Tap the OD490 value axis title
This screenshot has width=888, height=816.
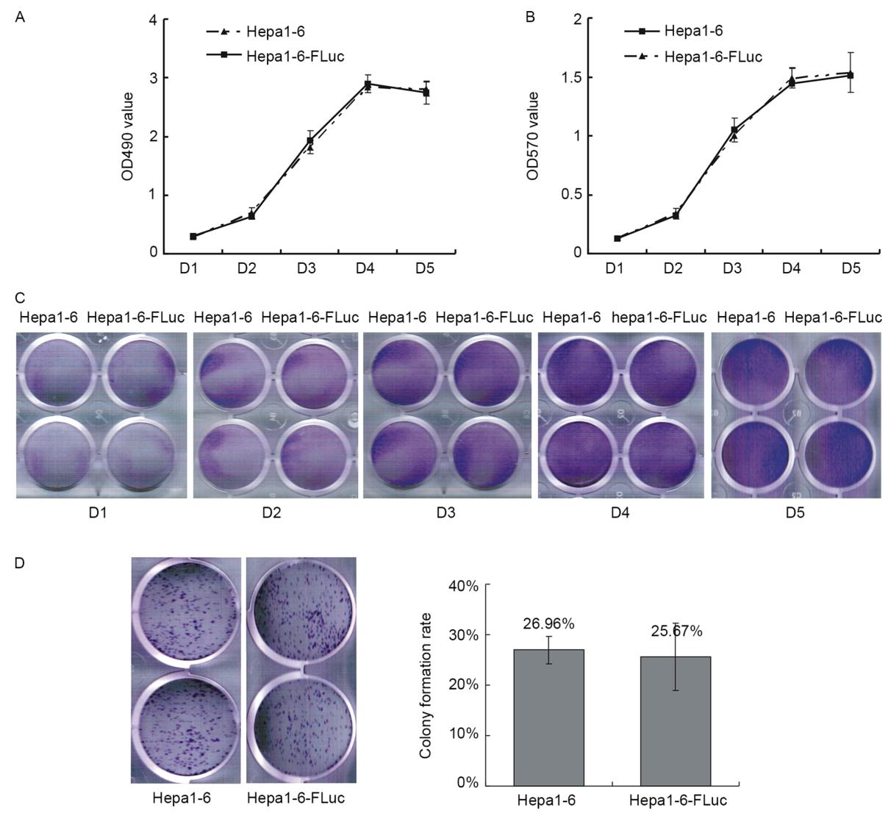click(128, 137)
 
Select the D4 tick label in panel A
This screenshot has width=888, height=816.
click(365, 269)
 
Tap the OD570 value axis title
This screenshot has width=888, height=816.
click(534, 137)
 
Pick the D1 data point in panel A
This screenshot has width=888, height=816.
click(193, 236)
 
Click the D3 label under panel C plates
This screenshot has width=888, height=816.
click(445, 513)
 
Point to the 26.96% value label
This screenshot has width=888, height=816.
click(548, 625)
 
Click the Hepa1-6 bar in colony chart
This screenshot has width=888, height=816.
click(548, 717)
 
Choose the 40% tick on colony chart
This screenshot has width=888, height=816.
click(465, 586)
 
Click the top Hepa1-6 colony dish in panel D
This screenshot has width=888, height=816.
click(187, 612)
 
